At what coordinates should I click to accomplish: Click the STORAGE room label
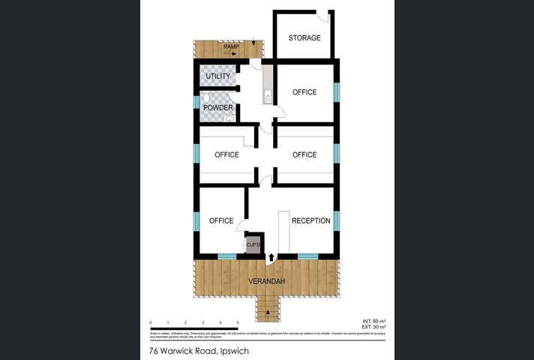pos(304,38)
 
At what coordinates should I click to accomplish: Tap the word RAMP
pos(231,47)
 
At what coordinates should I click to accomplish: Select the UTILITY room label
pos(218,76)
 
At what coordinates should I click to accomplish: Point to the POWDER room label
pos(218,108)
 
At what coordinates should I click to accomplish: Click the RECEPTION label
pos(310,221)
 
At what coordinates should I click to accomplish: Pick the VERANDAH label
pos(267,281)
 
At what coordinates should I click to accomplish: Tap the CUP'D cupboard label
pos(253,245)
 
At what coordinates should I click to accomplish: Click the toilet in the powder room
pos(206,98)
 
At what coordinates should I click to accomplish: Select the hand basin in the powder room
pos(229,118)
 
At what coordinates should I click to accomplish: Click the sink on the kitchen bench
pos(267,96)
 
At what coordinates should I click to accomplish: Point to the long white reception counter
pos(283,232)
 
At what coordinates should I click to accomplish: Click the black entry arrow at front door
pos(271,257)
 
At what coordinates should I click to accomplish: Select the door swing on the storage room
pos(323,16)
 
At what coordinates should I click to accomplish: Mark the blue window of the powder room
pos(196,102)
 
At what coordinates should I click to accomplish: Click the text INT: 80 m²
pos(373,321)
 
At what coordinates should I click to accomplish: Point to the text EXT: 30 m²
pos(373,327)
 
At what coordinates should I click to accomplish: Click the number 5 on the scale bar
pos(238,322)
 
